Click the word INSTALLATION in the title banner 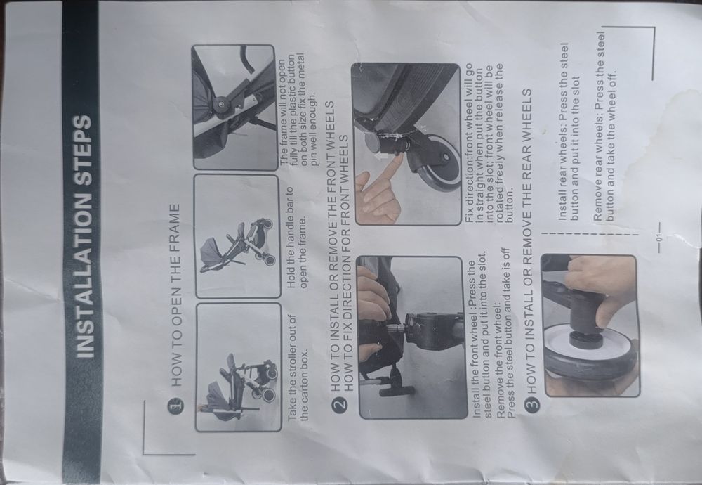click(x=84, y=279)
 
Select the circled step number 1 click(x=176, y=403)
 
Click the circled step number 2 click(x=340, y=403)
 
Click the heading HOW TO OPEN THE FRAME click(x=176, y=295)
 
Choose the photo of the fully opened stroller click(x=237, y=236)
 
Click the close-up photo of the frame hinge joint click(x=234, y=108)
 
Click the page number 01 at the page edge click(x=658, y=237)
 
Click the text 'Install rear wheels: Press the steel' click(x=564, y=131)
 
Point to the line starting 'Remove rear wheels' click(x=600, y=127)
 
